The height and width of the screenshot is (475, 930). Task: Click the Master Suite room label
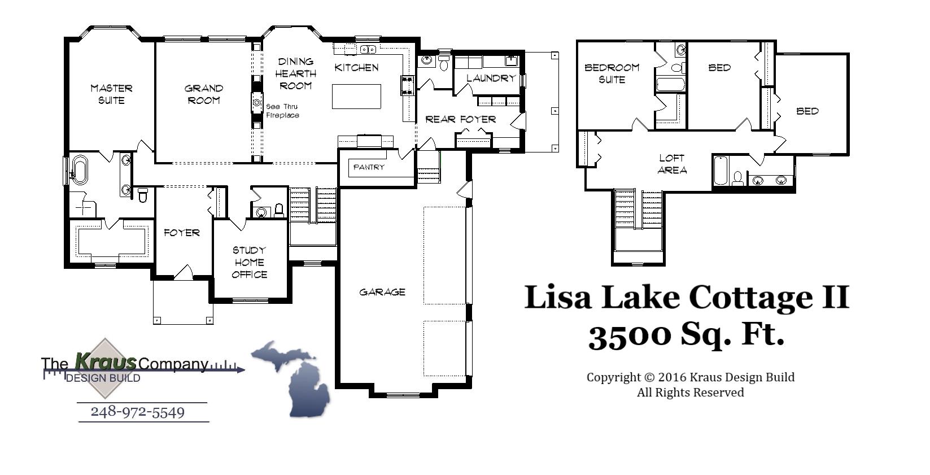tap(111, 94)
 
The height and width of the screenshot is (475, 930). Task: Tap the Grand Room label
tap(204, 94)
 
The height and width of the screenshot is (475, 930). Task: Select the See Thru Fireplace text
tap(282, 111)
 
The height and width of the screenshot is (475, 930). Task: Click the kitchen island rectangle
tap(356, 96)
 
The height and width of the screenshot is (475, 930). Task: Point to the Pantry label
tap(369, 167)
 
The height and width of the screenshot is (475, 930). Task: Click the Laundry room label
tap(491, 78)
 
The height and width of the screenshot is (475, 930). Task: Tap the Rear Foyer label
tap(460, 119)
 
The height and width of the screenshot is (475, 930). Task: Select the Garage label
tap(382, 292)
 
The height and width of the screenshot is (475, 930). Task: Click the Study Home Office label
tap(249, 262)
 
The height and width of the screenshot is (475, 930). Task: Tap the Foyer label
tap(181, 232)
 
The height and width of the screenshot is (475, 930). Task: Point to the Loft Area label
tap(671, 164)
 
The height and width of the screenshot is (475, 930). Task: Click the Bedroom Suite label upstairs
tap(612, 73)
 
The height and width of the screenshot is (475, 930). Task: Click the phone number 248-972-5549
tap(138, 412)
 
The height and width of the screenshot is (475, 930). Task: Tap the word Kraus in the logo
tap(106, 361)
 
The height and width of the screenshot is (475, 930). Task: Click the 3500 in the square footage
tap(630, 335)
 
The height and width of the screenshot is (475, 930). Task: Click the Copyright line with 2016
tap(690, 377)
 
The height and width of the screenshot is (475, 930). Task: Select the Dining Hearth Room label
tap(295, 73)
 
